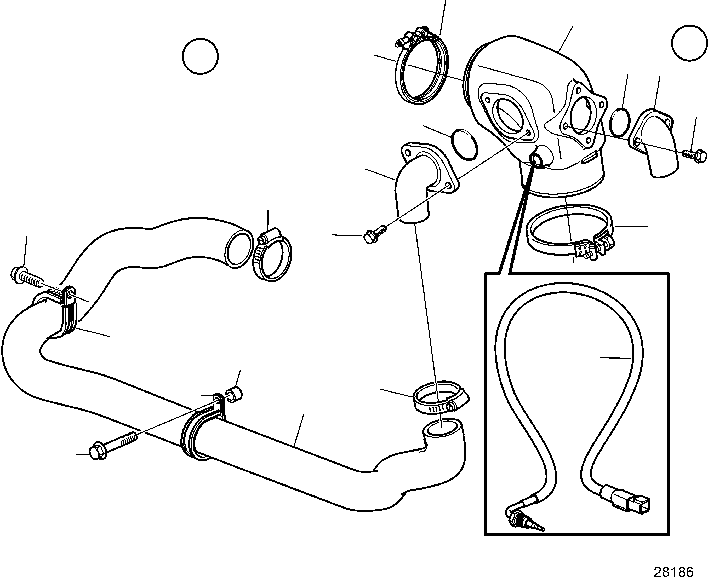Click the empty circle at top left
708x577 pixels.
tap(201, 56)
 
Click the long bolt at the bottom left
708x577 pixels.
tap(113, 446)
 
